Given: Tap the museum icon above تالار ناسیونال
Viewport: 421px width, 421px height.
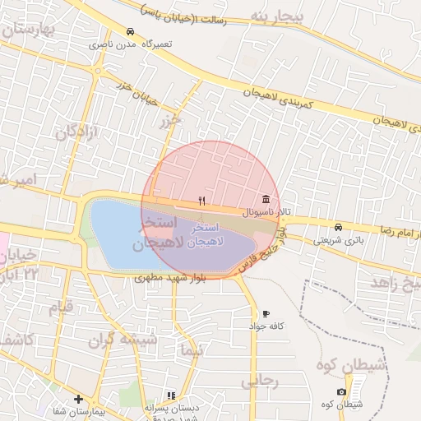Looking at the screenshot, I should pos(266,200).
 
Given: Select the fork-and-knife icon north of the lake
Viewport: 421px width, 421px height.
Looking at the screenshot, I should pos(201,200).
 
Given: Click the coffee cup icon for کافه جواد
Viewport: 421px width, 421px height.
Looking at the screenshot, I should pos(265,314).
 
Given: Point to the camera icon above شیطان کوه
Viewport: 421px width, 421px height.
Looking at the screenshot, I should pos(341,392).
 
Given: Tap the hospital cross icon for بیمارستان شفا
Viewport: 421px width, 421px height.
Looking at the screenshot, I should pos(78,399).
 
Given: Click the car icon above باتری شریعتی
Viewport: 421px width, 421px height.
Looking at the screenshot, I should pos(338,227).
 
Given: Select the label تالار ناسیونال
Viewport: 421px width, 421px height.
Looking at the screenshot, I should pos(266,212).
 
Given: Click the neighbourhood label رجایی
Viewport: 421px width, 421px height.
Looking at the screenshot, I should pos(261,382).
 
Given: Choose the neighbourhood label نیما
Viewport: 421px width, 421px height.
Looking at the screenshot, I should pos(192,350).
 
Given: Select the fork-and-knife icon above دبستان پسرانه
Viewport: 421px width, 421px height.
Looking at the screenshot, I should pos(171,396).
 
